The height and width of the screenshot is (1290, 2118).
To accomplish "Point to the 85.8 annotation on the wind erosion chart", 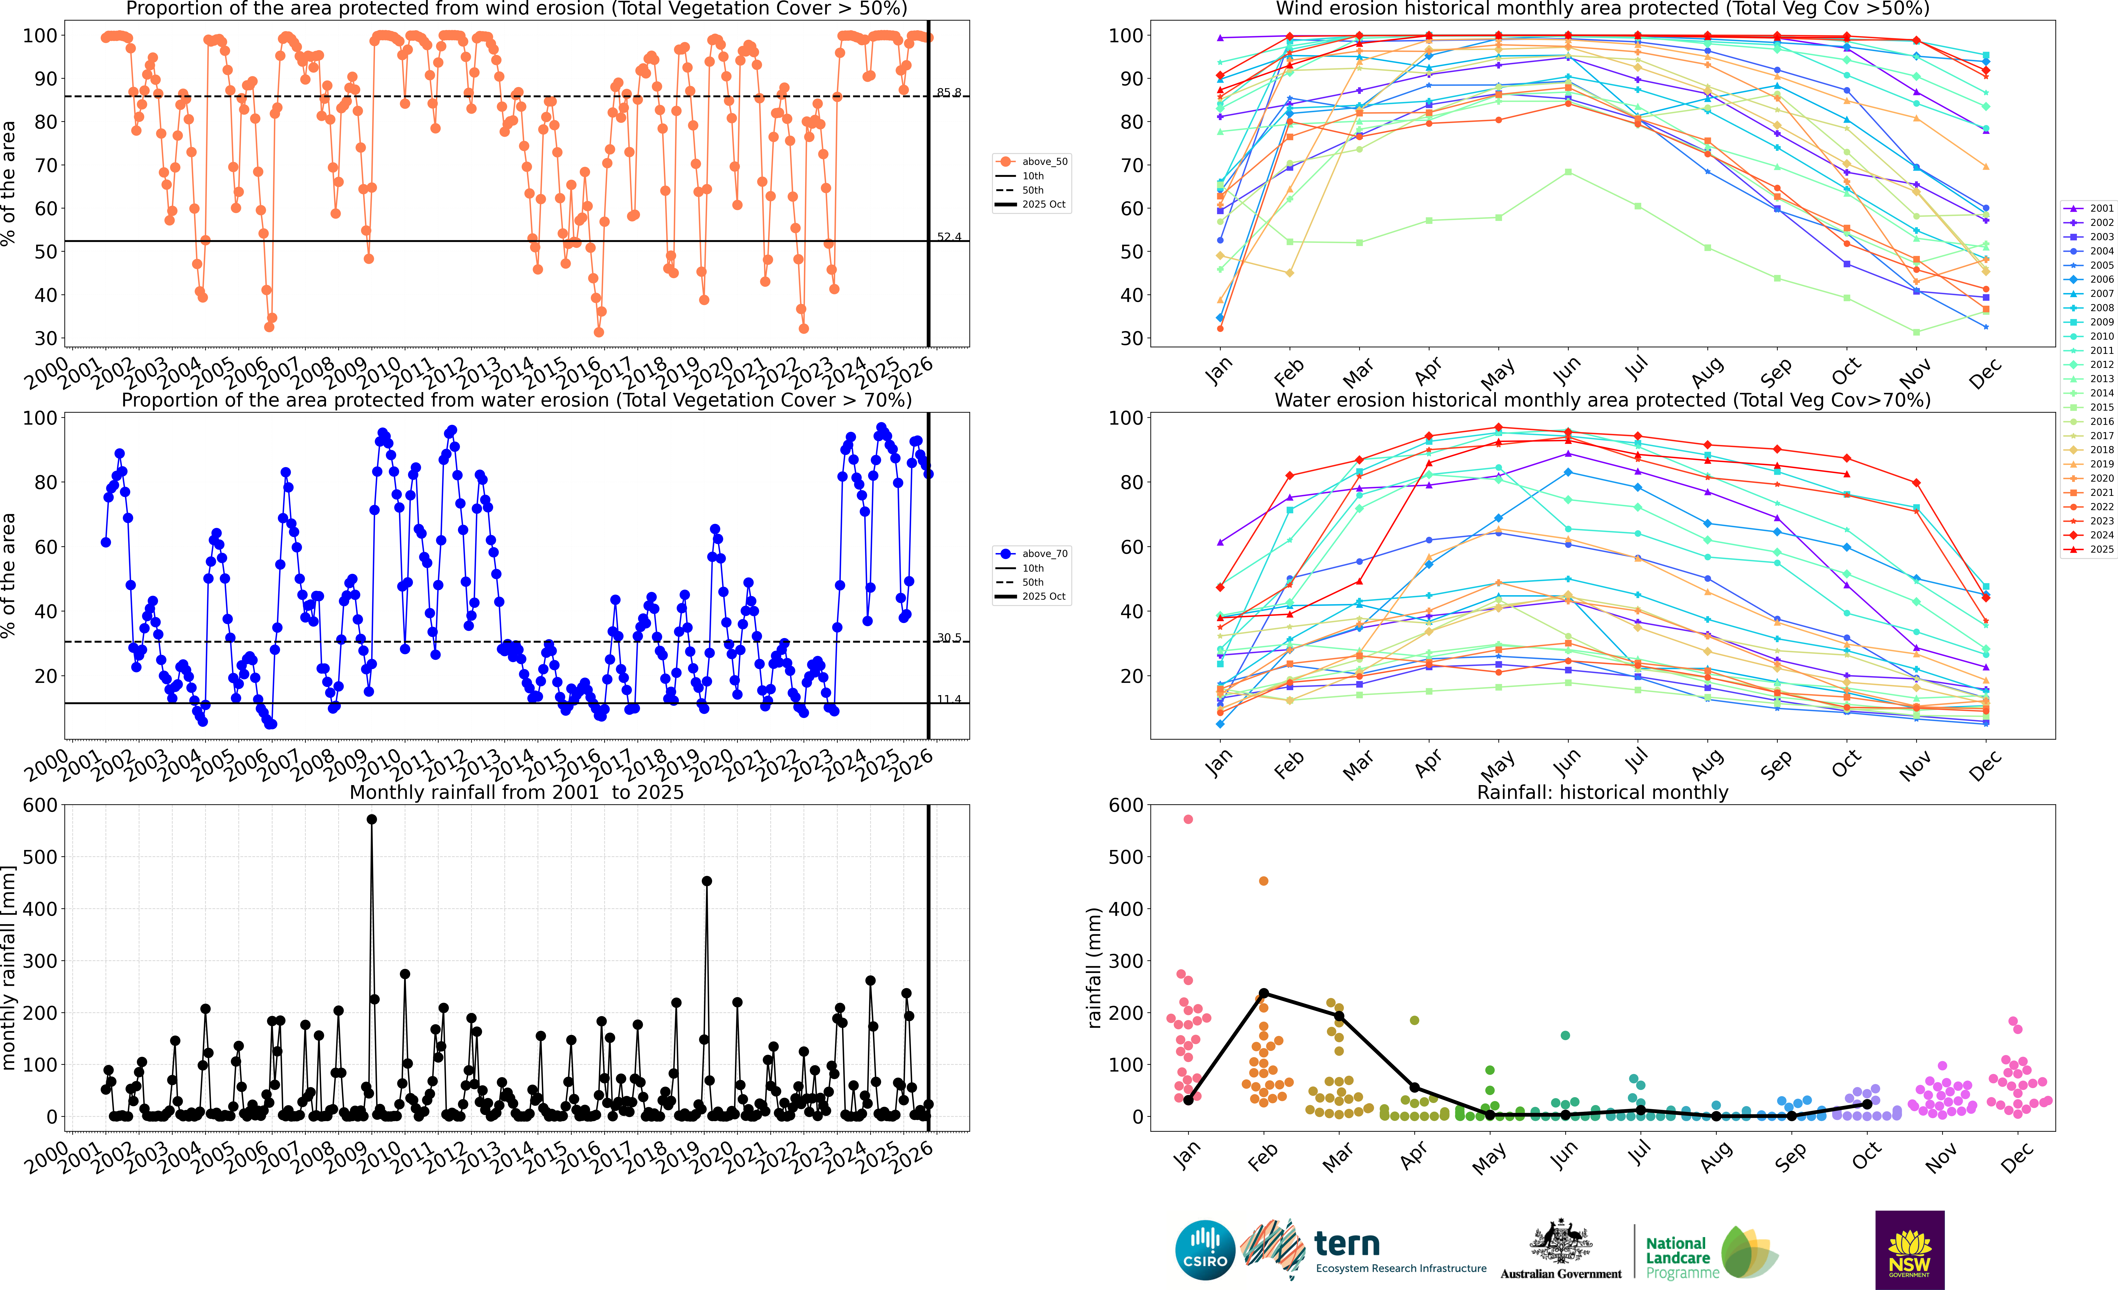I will pos(949,92).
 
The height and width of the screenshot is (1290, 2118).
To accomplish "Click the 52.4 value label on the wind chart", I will pos(949,237).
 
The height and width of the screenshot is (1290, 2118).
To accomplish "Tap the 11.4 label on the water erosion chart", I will pos(949,699).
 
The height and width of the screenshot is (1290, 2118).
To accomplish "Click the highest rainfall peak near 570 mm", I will pos(371,820).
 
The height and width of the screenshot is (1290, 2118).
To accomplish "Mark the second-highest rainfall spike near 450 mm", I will pos(707,881).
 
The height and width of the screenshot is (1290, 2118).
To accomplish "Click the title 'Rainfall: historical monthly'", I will pos(1602,792).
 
